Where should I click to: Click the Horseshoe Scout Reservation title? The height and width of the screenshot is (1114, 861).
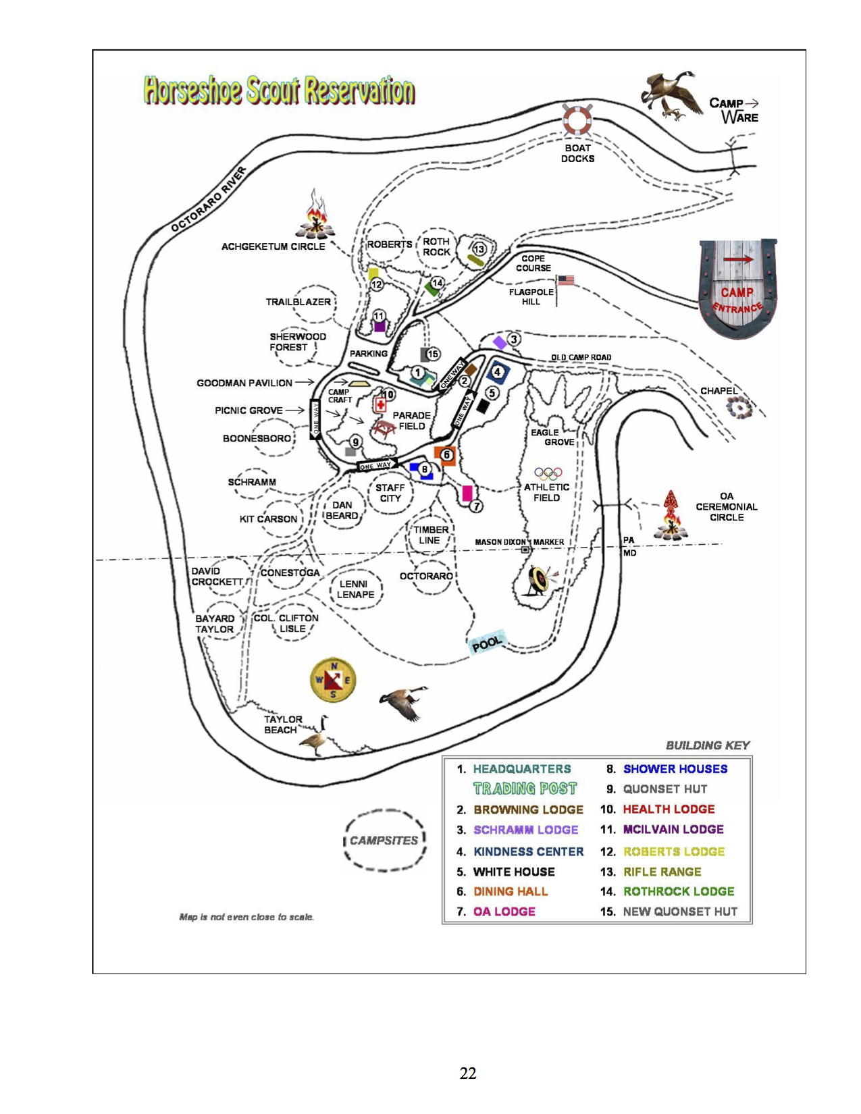(279, 90)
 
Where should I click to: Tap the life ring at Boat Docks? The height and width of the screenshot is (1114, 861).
(577, 120)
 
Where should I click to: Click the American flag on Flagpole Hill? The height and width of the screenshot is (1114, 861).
(566, 280)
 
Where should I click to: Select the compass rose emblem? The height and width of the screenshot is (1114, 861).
(332, 679)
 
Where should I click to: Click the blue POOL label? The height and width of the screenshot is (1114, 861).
(488, 643)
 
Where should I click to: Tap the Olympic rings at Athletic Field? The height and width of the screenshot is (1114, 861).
(548, 473)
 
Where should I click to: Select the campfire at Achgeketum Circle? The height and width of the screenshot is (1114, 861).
(315, 216)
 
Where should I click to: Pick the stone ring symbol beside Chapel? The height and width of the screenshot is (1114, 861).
(738, 408)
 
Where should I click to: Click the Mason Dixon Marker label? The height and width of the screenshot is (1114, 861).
(519, 542)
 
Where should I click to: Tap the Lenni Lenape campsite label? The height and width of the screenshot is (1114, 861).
(355, 589)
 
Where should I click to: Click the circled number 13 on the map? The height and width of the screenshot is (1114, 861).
(479, 249)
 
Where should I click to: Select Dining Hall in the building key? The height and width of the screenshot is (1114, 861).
(511, 891)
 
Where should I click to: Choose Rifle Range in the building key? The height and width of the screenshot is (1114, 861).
(662, 872)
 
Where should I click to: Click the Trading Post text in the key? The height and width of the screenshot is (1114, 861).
(525, 789)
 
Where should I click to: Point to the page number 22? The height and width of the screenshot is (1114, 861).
(468, 1073)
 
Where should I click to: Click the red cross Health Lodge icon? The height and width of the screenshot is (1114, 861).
(381, 405)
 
